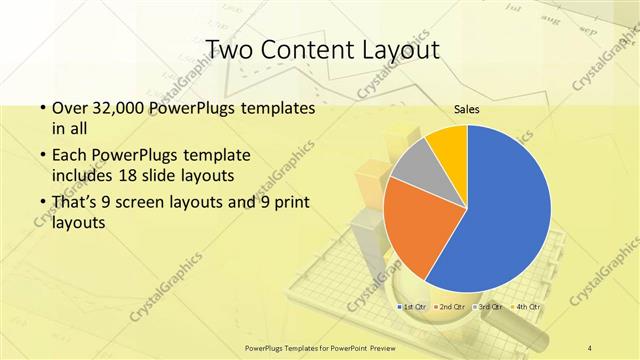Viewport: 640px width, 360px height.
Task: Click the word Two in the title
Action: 229,50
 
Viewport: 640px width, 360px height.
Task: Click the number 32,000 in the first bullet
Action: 120,107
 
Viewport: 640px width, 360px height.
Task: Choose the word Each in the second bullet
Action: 69,157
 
